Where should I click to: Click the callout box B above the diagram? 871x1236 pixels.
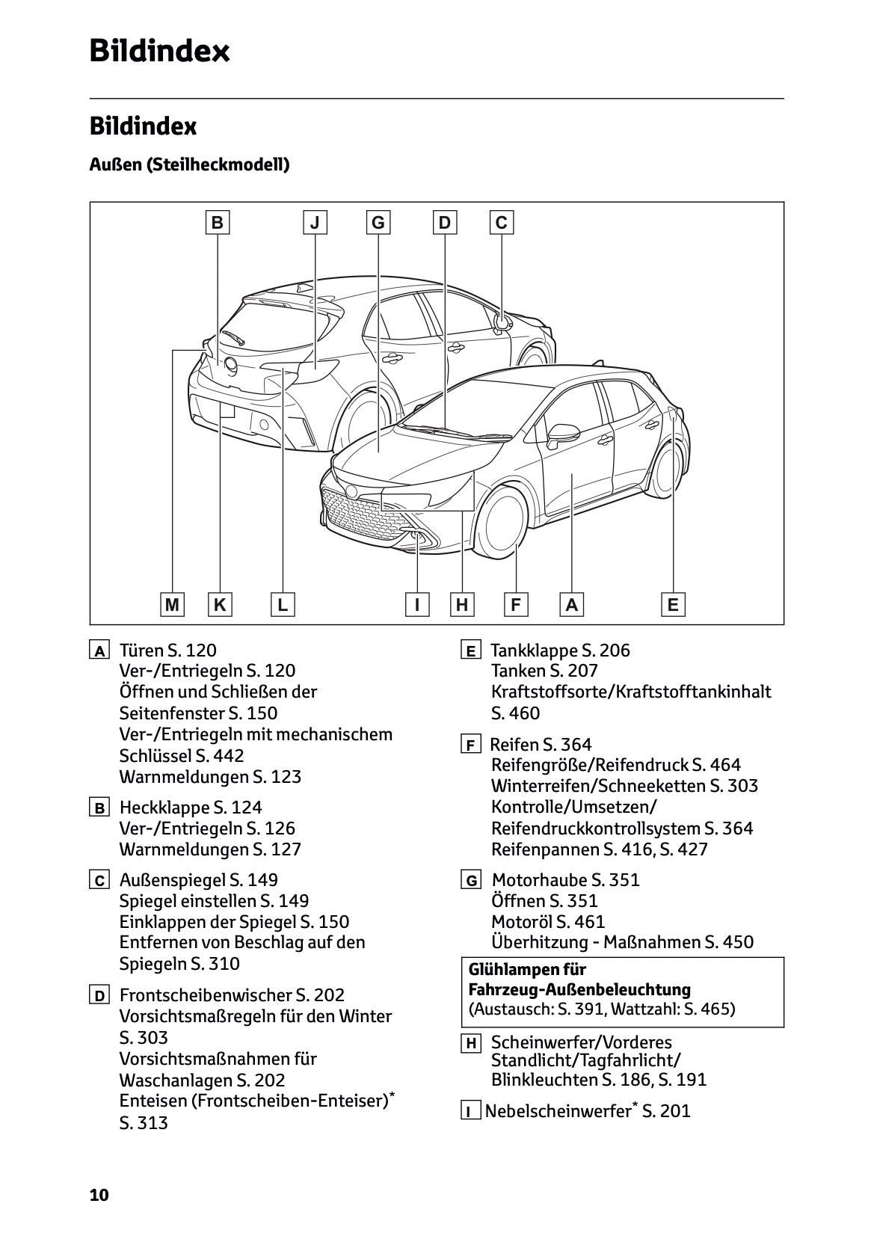coord(218,222)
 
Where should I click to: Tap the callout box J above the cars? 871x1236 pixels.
coord(315,222)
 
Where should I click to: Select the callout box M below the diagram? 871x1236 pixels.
coord(173,604)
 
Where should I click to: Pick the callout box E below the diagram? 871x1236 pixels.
coord(673,604)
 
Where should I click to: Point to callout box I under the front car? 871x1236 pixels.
coord(417,604)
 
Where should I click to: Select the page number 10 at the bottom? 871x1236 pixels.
coord(99,1195)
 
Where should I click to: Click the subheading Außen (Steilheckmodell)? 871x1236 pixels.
coord(189,165)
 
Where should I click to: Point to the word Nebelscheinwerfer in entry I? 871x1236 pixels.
coord(557,1111)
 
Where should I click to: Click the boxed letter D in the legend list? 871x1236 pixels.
coord(99,996)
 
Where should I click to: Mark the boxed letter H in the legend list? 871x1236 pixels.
coord(470,1043)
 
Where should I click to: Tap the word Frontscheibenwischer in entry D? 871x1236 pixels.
coord(205,995)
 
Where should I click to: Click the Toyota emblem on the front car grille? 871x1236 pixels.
coord(351,491)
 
